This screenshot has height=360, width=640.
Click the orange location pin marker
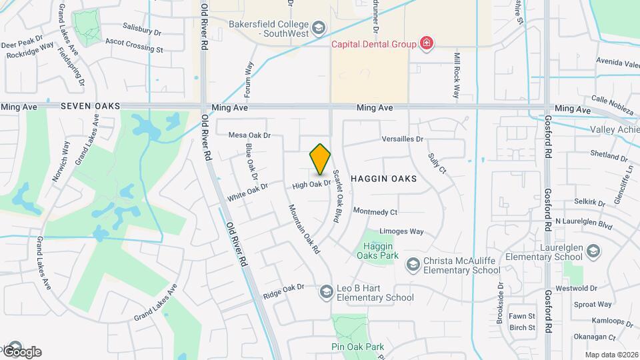tap(321, 159)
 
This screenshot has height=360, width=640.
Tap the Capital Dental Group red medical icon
tap(427, 45)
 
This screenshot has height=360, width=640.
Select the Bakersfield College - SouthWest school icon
tap(319, 28)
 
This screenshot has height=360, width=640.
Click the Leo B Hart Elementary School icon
tap(326, 291)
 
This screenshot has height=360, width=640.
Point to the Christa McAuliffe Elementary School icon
tap(413, 265)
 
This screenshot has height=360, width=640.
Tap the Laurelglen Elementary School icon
tap(594, 251)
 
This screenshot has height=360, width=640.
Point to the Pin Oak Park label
tap(358, 347)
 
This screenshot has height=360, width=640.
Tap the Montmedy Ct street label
tap(375, 212)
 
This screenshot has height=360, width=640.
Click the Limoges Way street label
tap(401, 231)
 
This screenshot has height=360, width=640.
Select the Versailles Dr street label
tap(403, 139)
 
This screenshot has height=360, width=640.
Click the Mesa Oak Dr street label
tap(249, 135)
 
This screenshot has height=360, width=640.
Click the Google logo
tap(22, 351)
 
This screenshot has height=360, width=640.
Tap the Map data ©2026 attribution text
tap(611, 355)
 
